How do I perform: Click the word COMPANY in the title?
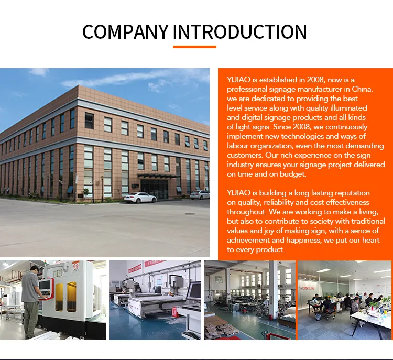pos(125,32)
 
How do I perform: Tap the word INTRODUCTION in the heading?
pos(239,32)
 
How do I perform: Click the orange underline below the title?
pos(194,47)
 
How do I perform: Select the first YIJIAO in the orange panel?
pos(238,79)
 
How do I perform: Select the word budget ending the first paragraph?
pos(293,174)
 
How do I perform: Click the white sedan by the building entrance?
pos(140,198)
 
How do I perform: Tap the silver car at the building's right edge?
pos(200,194)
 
